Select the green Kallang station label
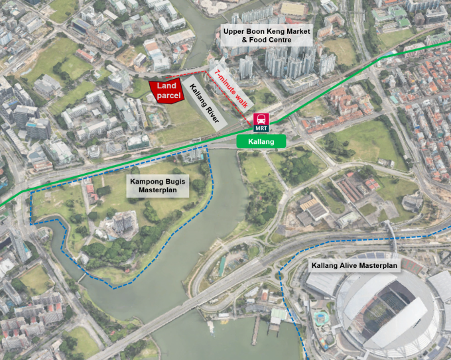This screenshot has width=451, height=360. [x=261, y=141]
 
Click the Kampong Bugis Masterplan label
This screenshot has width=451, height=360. [x=157, y=185]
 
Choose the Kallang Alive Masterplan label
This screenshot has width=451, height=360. [x=355, y=266]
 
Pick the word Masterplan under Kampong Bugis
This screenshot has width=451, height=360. [x=157, y=190]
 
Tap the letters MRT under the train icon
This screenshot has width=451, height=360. [x=261, y=127]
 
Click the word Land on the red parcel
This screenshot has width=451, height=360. [x=168, y=86]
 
